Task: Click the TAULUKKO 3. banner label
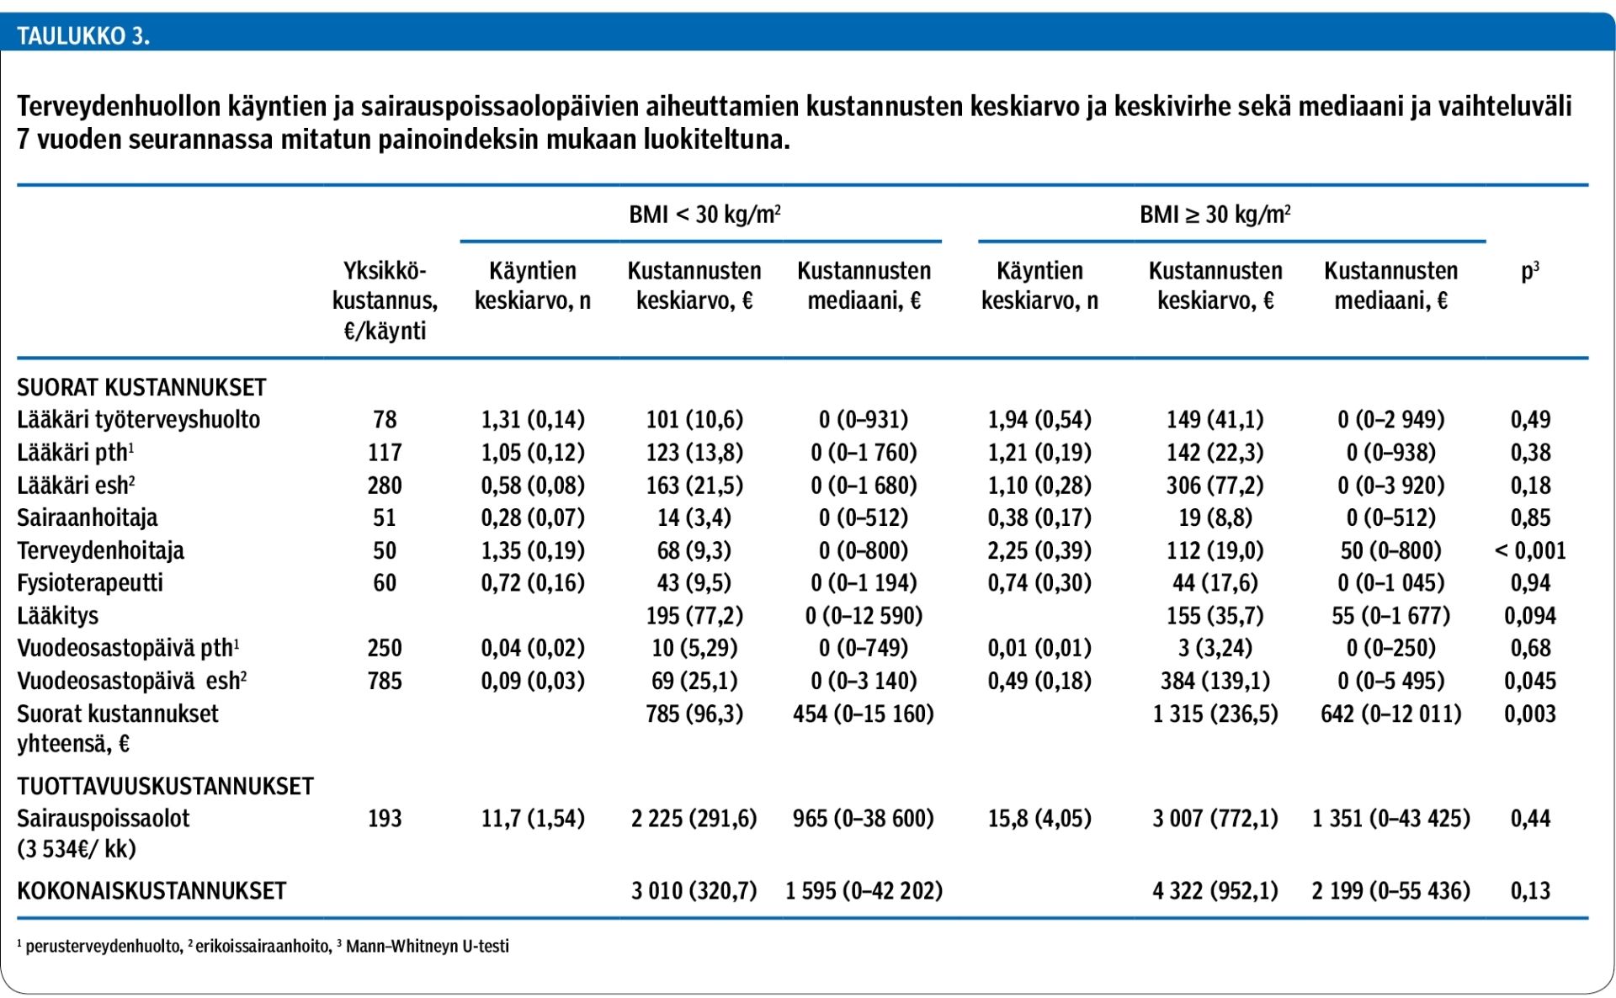point(83,36)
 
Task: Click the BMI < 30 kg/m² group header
point(704,214)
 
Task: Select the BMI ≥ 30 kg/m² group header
point(1215,214)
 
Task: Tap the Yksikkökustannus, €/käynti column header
point(385,300)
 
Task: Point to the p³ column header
point(1530,271)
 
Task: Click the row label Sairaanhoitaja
point(88,518)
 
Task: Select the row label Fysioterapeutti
point(90,583)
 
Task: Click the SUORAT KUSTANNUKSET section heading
point(141,387)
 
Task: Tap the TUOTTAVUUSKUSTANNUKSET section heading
point(165,786)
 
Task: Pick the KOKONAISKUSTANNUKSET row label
point(151,890)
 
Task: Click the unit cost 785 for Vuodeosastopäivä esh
point(385,681)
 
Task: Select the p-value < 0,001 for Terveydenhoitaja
point(1530,550)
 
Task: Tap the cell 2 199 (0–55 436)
point(1390,890)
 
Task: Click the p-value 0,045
point(1530,681)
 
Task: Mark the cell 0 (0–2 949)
point(1390,420)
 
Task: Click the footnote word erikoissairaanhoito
point(263,947)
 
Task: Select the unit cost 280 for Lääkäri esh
point(385,486)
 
